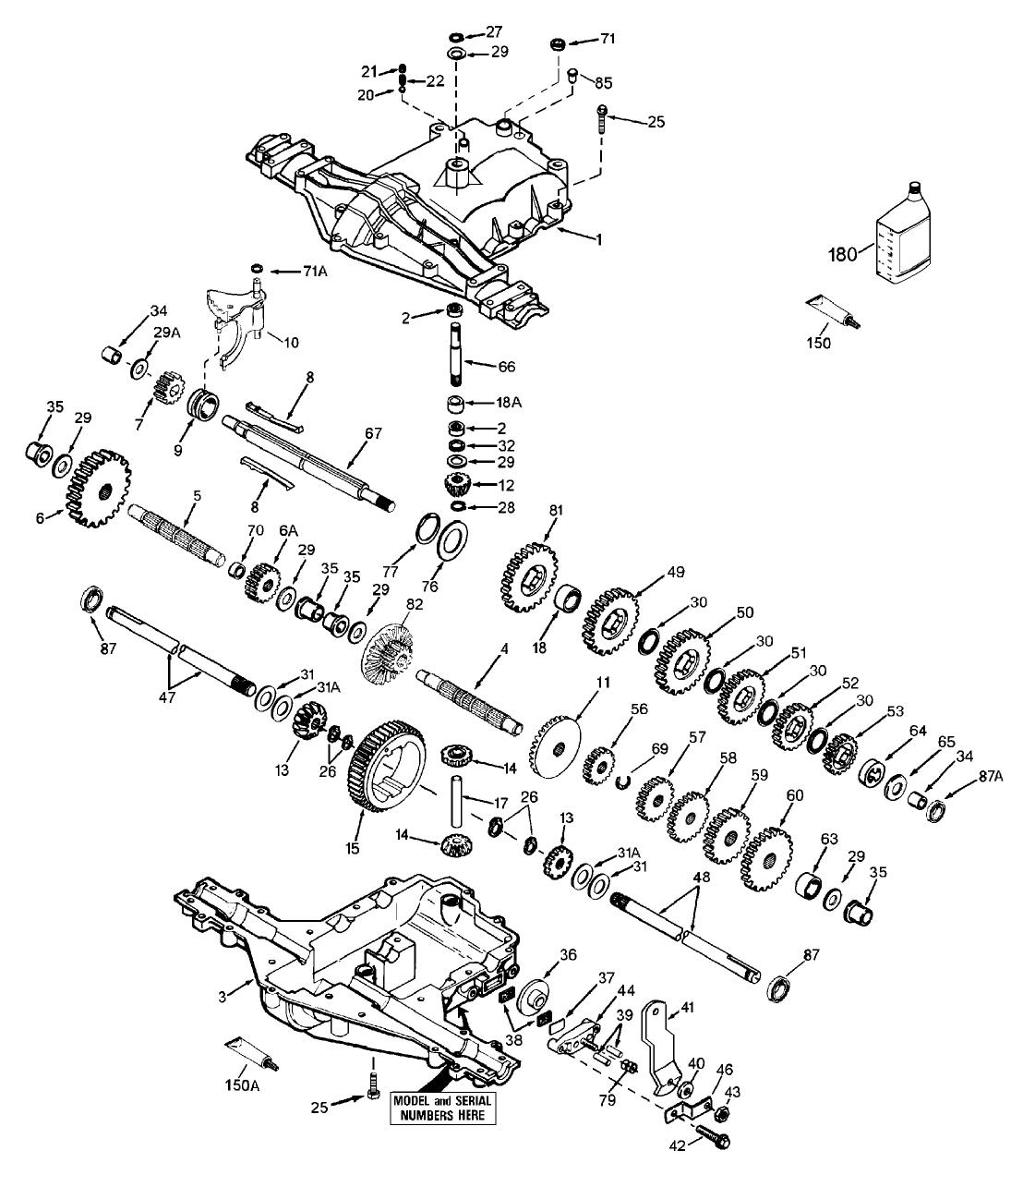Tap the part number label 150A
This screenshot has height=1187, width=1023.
(x=241, y=1085)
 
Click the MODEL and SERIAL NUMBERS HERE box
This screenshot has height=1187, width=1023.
(x=443, y=1108)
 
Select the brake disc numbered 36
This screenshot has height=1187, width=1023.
(x=533, y=1000)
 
